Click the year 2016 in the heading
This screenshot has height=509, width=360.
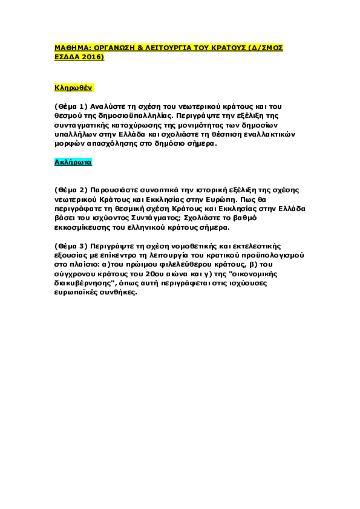click(x=93, y=57)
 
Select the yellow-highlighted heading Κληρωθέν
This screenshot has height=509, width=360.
click(x=73, y=88)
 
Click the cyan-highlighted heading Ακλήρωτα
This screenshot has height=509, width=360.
click(x=73, y=162)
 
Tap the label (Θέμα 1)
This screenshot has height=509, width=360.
click(x=71, y=107)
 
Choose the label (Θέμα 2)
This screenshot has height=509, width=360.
click(x=71, y=190)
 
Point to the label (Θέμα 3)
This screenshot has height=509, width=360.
click(x=71, y=246)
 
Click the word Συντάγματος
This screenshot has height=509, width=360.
click(x=155, y=218)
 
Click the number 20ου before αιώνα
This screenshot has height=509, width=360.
click(x=160, y=274)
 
